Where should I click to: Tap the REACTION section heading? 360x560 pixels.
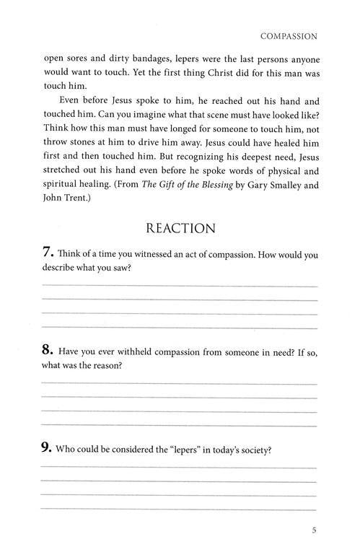(x=180, y=228)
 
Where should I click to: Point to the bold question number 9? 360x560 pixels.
(x=47, y=449)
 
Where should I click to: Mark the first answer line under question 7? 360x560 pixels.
(x=180, y=286)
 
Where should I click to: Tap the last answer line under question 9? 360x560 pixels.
(x=180, y=509)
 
